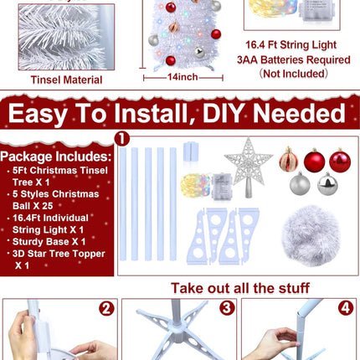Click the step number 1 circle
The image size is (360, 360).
(122, 137)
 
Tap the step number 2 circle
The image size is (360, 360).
(106, 307)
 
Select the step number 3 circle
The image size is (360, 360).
(226, 307)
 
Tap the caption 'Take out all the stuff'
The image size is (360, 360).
(240, 288)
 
